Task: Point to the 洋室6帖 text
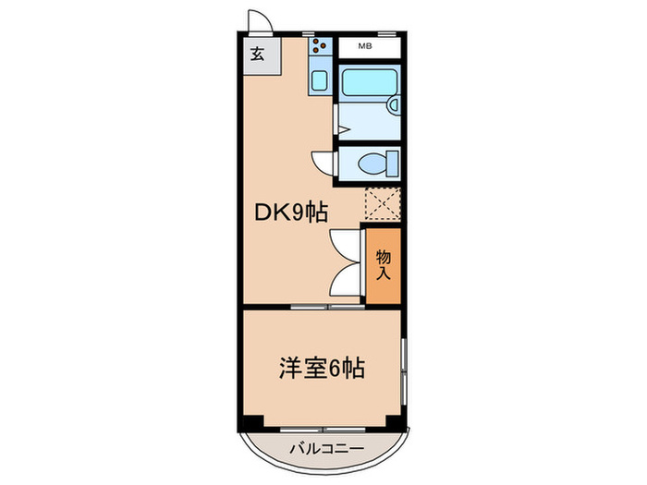(322, 370)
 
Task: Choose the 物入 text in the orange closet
(382, 263)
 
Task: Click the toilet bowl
(371, 164)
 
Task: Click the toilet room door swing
(321, 161)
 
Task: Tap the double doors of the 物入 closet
(347, 263)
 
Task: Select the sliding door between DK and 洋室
(322, 305)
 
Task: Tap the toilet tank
(393, 163)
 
